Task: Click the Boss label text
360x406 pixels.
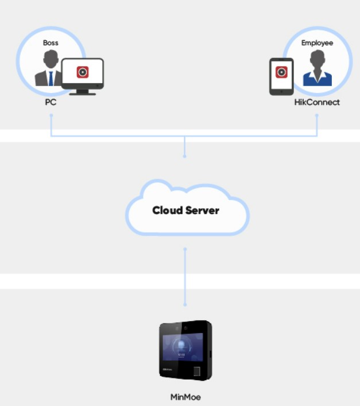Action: coord(51,42)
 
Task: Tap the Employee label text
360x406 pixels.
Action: coord(317,42)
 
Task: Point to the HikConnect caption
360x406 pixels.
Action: coord(317,102)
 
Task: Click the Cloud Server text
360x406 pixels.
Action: coord(185,210)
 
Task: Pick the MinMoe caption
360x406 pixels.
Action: coord(185,397)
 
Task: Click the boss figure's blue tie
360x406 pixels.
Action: coord(51,78)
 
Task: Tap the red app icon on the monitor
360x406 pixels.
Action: coord(83,72)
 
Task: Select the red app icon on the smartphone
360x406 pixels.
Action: coord(281,72)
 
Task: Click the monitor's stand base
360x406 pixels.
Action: coord(83,92)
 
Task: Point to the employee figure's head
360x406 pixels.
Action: coord(317,59)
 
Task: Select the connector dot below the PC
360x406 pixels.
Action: coord(51,115)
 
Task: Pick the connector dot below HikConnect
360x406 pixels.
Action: coord(317,115)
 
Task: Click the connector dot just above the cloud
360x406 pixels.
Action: coord(185,156)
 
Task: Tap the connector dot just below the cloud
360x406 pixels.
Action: coord(185,249)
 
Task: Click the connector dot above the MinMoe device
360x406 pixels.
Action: coord(185,304)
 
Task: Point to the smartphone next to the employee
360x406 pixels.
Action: coord(281,76)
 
